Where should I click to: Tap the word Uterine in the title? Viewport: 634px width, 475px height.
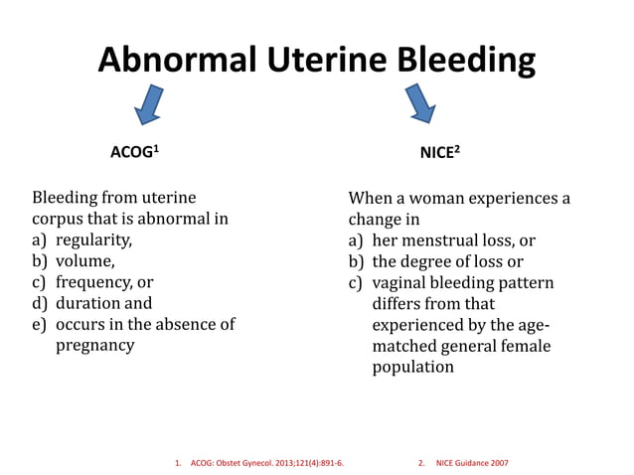pos(319,62)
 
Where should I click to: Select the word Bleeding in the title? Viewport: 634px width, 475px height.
pos(462,62)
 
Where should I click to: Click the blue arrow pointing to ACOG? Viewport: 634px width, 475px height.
pos(149,105)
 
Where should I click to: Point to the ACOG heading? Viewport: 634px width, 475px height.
pos(134,154)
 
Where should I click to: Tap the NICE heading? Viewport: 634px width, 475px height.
pos(439,154)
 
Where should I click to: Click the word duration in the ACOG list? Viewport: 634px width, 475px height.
pos(87,303)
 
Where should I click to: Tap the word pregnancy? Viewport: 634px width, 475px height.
pos(94,345)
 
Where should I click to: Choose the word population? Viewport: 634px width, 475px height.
pos(412,367)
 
